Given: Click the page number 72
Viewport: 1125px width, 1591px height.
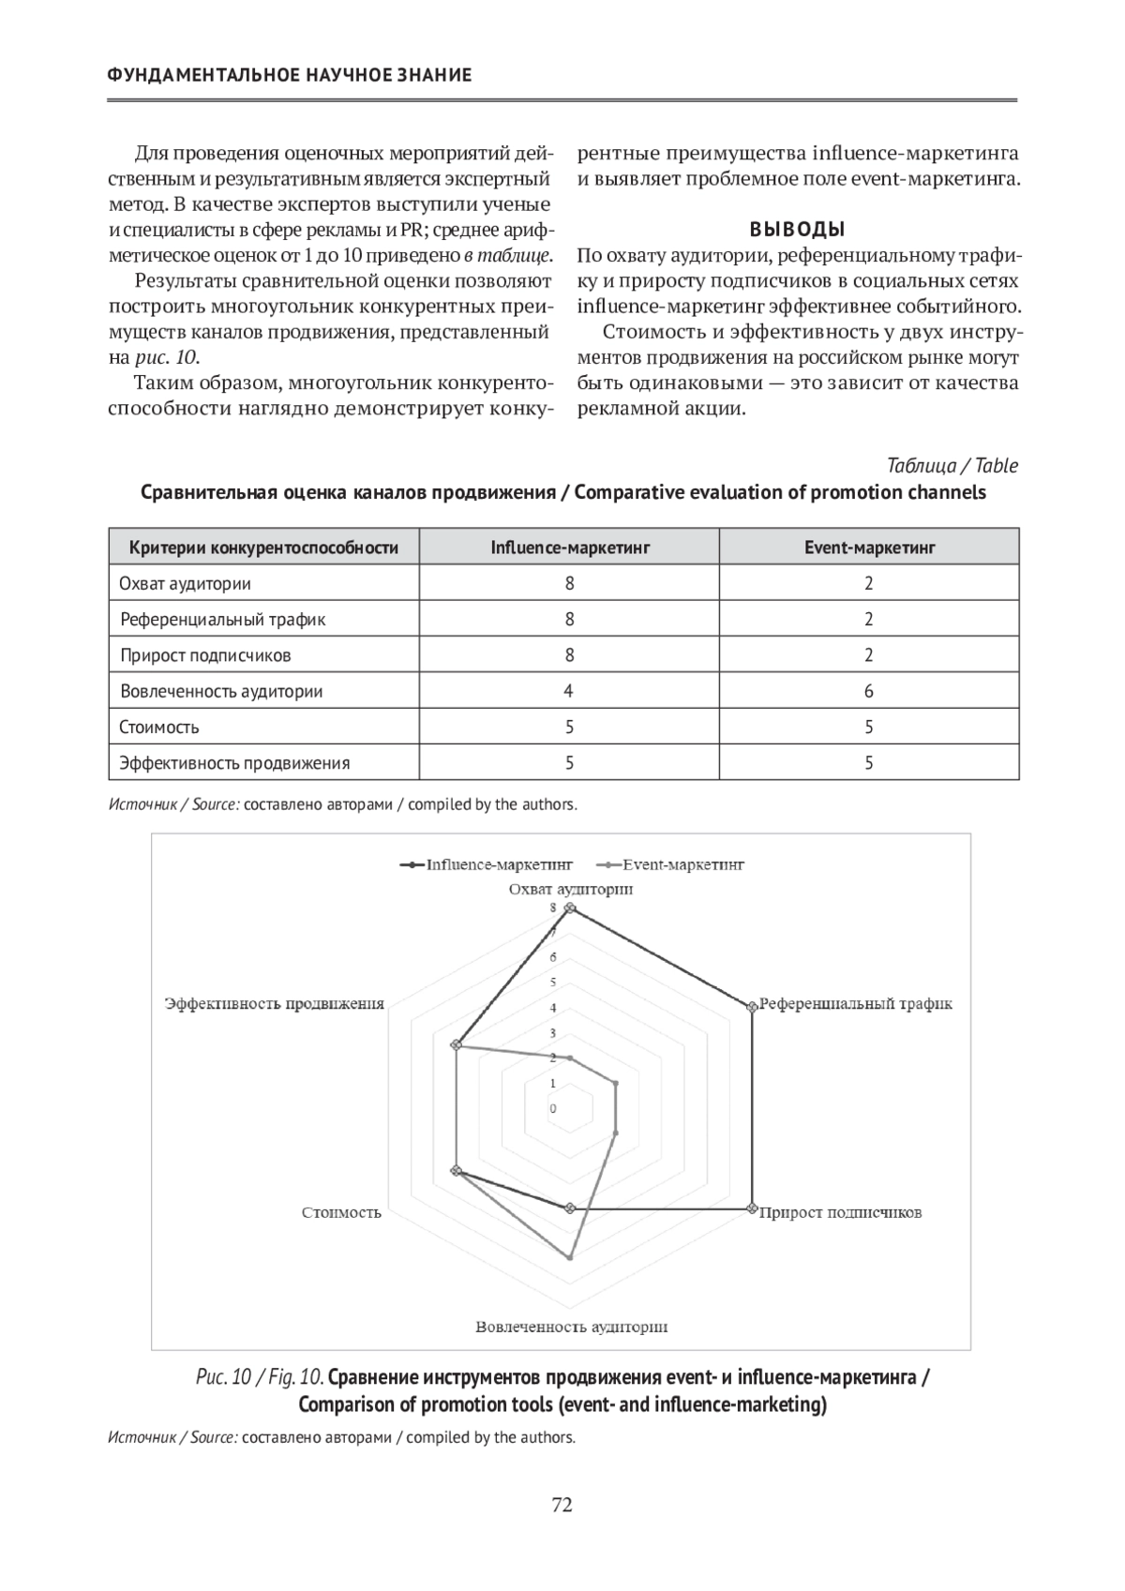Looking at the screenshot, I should point(562,1505).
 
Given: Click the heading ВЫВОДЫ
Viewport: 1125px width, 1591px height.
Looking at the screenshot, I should point(797,229).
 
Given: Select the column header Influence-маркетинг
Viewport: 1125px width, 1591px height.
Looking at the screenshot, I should point(569,548).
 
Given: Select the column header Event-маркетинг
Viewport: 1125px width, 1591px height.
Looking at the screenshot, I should point(869,548).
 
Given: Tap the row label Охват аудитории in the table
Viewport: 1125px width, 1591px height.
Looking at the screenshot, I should point(186,583).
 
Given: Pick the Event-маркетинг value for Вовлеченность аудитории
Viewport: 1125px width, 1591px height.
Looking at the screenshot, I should point(869,691).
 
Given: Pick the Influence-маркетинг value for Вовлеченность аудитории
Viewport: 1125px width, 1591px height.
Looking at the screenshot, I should point(569,691).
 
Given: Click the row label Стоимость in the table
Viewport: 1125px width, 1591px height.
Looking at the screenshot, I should point(159,727).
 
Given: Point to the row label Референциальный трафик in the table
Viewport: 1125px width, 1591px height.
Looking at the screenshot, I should point(223,619).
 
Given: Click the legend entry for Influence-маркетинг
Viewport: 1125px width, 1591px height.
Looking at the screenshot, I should point(487,864).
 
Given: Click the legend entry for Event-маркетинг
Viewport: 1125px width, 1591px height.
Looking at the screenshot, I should point(675,864).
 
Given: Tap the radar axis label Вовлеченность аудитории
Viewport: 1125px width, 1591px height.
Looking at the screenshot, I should point(571,1327).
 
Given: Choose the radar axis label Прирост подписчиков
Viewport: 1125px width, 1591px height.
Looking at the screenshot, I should point(840,1212).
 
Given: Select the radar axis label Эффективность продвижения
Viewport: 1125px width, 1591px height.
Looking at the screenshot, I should point(275,1003).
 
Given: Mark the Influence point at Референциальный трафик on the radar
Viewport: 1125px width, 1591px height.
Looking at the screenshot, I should point(752,1007).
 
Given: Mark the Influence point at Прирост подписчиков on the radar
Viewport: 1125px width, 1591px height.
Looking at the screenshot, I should point(752,1208).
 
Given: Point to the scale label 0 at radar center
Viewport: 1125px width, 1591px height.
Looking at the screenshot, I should point(553,1109).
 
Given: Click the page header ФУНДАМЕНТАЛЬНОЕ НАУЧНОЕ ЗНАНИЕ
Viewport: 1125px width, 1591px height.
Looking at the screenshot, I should point(290,75).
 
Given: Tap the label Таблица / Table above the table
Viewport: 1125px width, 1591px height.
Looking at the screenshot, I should point(952,466).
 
